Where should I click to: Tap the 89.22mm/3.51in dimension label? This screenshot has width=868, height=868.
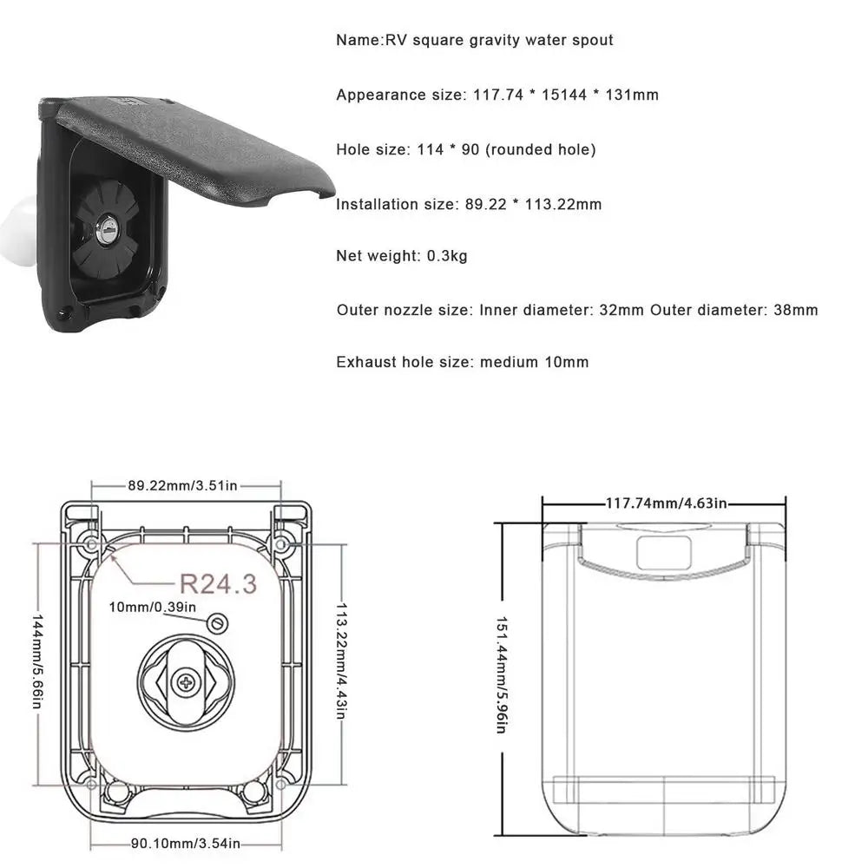182,485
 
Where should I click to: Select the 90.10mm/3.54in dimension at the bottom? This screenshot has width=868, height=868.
184,842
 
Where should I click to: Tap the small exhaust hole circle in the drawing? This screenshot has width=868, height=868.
218,622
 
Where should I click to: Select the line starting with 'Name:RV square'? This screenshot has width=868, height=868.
475,40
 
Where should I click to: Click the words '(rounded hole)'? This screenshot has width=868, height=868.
540,149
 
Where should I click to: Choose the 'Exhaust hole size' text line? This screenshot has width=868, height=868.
462,362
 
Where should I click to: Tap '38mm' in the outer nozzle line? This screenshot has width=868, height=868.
795,310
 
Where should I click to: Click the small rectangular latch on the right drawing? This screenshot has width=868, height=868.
663,552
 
